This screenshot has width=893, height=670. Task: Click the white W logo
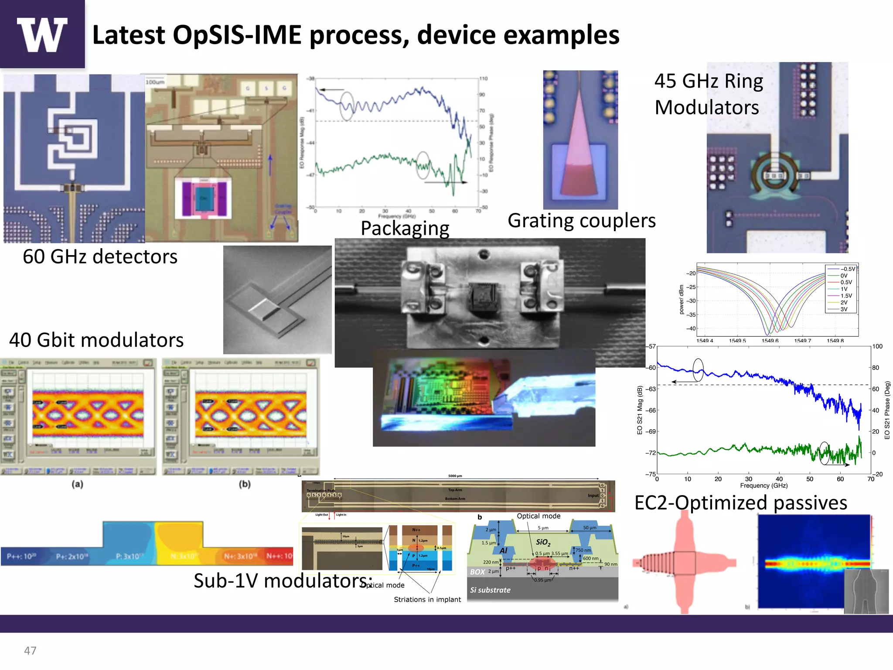[42, 34]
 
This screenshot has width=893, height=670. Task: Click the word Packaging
[405, 228]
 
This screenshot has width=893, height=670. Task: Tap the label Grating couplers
[581, 220]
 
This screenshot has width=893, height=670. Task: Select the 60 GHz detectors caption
[100, 256]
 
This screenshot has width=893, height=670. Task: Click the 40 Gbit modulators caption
[96, 340]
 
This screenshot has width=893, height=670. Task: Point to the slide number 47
[30, 650]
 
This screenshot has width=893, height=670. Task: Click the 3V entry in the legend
[844, 309]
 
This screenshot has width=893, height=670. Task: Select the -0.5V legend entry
[847, 269]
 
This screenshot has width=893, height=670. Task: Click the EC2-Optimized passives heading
[740, 502]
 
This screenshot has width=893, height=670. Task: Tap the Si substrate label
[490, 590]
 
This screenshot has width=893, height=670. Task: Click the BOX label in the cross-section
[477, 572]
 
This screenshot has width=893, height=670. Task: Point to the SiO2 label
[543, 542]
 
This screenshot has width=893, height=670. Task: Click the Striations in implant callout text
[427, 599]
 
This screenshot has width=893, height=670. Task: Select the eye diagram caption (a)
[78, 484]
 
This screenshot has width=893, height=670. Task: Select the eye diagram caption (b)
[245, 484]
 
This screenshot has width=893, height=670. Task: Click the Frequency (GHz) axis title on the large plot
[763, 485]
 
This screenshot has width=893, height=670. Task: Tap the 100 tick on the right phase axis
[877, 346]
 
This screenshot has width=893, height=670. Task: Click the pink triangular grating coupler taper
[579, 148]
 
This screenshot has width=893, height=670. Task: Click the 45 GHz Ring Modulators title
[708, 94]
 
